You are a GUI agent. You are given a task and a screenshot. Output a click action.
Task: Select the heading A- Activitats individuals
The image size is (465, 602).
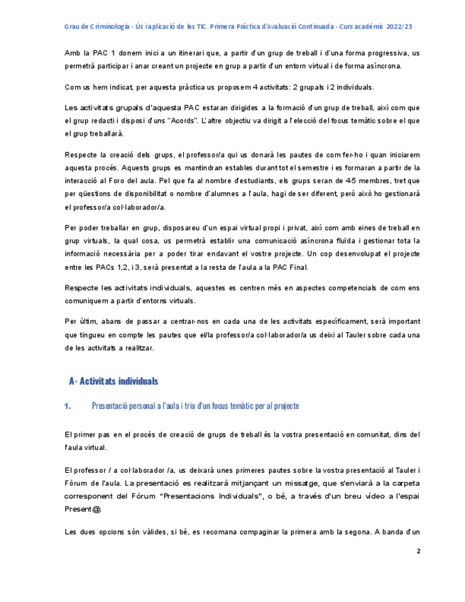click(x=114, y=381)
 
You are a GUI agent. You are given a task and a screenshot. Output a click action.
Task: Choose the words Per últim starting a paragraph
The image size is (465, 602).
click(x=81, y=320)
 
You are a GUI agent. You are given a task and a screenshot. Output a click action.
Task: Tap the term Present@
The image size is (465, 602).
click(x=83, y=509)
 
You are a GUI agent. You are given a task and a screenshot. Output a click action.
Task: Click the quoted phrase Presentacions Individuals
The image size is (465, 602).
click(x=241, y=496)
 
